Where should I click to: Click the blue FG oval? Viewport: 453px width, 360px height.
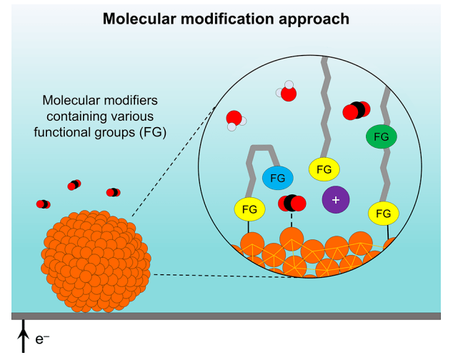pyautogui.click(x=277, y=177)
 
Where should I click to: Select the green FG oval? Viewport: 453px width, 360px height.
pyautogui.click(x=382, y=136)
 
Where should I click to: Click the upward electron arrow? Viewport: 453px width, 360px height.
pyautogui.click(x=21, y=339)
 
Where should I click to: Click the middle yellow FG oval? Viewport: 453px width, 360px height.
pyautogui.click(x=324, y=169)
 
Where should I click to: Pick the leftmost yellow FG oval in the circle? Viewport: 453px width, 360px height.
pyautogui.click(x=249, y=209)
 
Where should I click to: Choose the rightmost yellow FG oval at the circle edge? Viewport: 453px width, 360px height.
pyautogui.click(x=383, y=213)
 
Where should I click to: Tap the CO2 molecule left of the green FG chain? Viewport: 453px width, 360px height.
pyautogui.click(x=355, y=110)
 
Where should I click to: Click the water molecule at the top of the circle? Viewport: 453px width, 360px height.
pyautogui.click(x=287, y=92)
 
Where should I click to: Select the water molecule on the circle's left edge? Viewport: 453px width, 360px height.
pyautogui.click(x=234, y=120)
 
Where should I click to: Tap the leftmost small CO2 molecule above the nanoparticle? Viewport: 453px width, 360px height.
pyautogui.click(x=44, y=204)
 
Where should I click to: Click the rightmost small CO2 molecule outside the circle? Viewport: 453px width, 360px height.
pyautogui.click(x=113, y=192)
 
